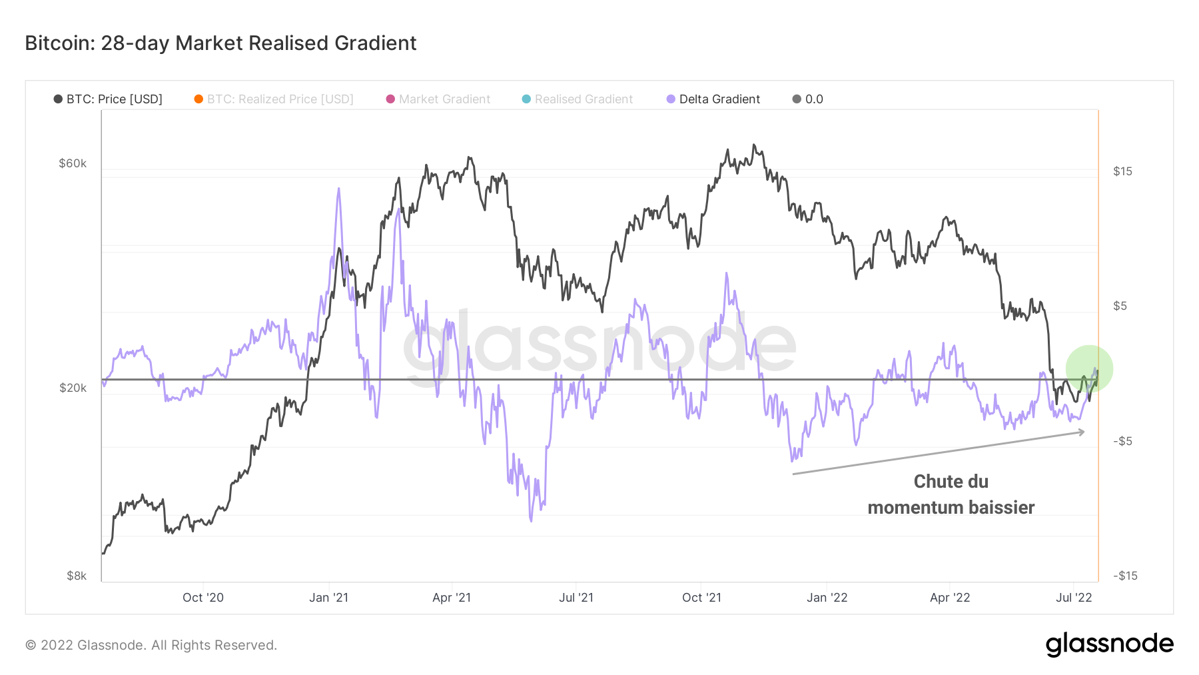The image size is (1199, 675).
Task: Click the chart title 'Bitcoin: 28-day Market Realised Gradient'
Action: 220,43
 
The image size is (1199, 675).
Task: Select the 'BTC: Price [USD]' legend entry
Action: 109,99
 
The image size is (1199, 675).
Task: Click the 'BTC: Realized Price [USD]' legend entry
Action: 274,99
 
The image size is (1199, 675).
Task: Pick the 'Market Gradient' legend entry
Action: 438,99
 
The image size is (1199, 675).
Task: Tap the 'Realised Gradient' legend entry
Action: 578,99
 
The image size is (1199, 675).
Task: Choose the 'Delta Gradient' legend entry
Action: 713,99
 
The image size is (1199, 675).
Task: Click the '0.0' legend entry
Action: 808,99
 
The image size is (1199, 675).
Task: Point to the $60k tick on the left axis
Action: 73,163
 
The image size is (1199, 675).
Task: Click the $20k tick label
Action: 73,388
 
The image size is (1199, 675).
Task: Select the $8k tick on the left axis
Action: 77,576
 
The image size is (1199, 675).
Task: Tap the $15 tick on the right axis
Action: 1122,171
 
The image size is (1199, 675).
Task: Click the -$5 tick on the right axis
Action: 1122,441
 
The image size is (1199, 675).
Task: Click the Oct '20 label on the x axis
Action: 203,598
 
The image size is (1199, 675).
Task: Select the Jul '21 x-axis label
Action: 576,598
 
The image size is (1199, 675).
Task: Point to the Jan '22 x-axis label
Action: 827,598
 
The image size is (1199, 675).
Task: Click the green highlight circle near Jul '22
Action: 1089,368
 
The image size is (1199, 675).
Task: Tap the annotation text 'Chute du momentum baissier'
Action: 951,494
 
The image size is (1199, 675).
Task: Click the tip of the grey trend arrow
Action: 1084,432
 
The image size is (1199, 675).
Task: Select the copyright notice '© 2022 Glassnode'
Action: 151,645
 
